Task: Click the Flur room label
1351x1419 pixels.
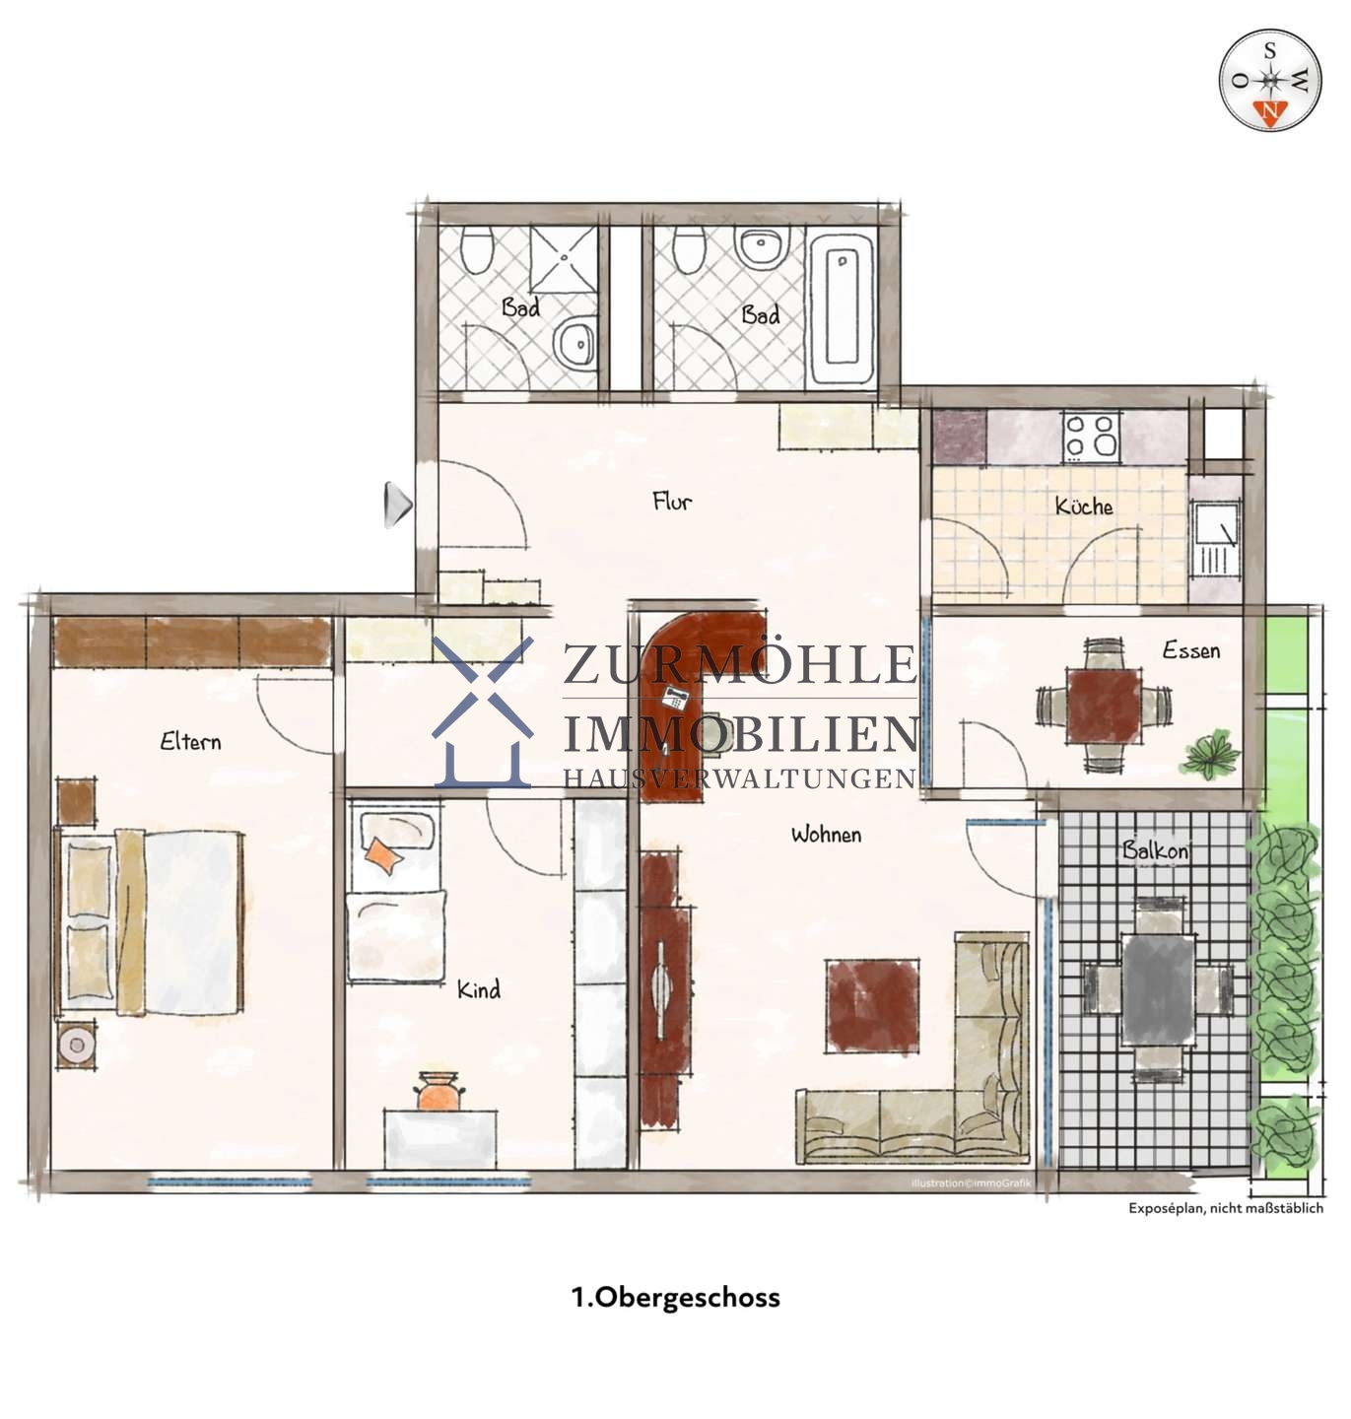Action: tap(671, 501)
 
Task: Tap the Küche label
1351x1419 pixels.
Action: tap(1083, 506)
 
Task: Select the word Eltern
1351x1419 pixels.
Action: tap(190, 741)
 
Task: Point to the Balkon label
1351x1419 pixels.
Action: tap(1154, 849)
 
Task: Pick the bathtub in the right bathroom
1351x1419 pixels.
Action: tap(841, 308)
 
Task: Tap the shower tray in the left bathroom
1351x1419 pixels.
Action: tap(564, 258)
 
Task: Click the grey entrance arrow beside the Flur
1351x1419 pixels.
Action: tap(398, 505)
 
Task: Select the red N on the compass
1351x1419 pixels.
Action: tap(1269, 112)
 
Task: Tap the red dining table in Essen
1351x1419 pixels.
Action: tap(1104, 706)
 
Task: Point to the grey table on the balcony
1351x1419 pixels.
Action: tap(1158, 989)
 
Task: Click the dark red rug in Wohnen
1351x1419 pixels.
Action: tap(872, 1005)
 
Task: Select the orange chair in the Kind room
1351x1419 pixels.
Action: tap(438, 1091)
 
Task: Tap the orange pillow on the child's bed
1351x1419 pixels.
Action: tap(383, 855)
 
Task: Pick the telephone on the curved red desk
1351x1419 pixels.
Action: tap(675, 698)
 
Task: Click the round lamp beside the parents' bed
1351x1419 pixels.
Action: tap(76, 1045)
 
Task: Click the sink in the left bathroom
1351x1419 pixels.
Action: tap(575, 343)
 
